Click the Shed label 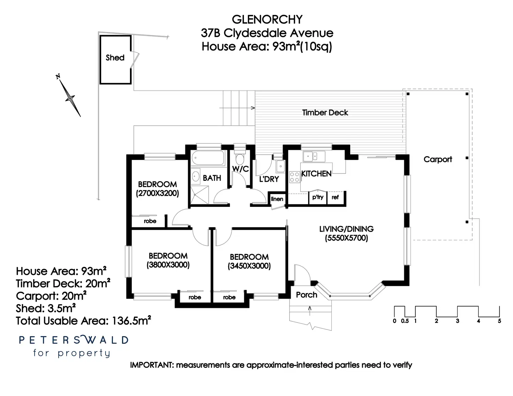tap(115, 57)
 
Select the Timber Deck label tap(325, 112)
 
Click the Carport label tap(438, 160)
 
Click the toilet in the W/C tap(240, 158)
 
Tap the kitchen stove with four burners tap(294, 177)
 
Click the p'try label tap(318, 197)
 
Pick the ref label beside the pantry tap(335, 197)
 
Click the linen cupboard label tap(277, 199)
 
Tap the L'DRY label tap(269, 179)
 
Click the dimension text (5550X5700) tap(346, 238)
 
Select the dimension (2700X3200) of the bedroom tap(158, 193)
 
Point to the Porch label tap(306, 295)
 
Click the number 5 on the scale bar tap(499, 321)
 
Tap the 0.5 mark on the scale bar tap(405, 321)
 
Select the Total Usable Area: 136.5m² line tap(83, 320)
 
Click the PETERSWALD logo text tap(74, 340)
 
